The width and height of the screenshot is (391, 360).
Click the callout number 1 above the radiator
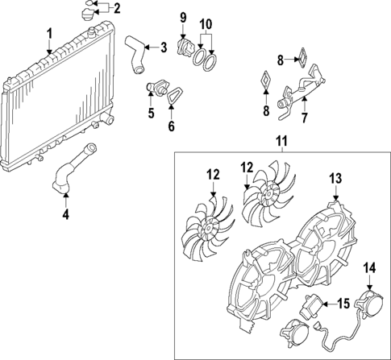[49, 33]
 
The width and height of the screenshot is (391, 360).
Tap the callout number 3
[164, 47]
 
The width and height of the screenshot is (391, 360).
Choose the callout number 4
[67, 216]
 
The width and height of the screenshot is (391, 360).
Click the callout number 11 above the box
[281, 142]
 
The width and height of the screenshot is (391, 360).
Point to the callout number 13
[335, 178]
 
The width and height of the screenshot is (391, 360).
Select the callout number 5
[150, 114]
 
